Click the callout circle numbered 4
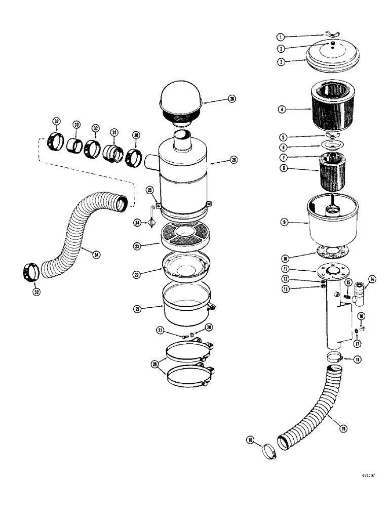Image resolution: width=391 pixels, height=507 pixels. tap(282, 109)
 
